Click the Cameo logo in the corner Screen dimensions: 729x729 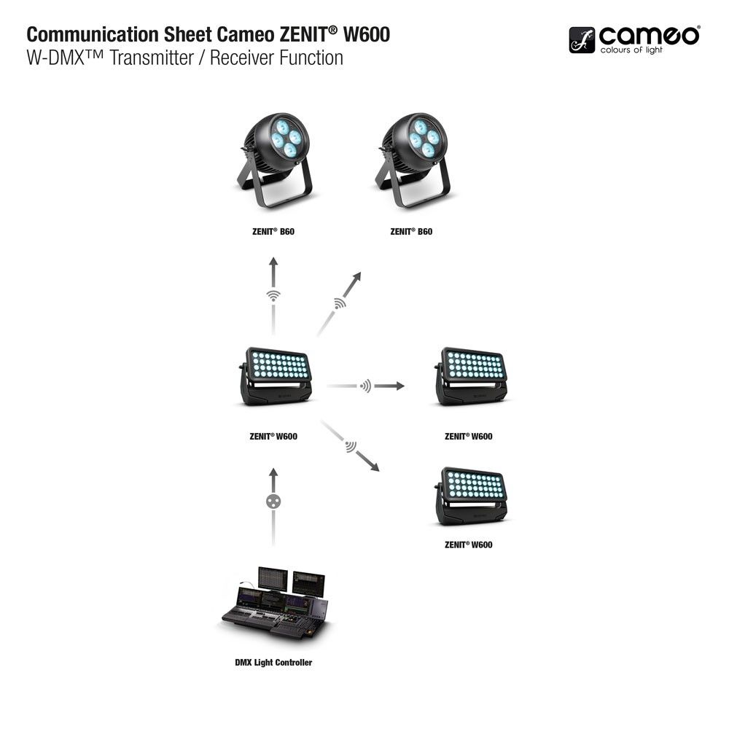click(x=634, y=40)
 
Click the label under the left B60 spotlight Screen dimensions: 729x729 click(x=273, y=232)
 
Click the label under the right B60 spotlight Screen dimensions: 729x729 click(x=411, y=232)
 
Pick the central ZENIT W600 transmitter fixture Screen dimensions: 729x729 click(x=276, y=376)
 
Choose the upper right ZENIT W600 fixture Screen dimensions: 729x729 click(x=472, y=376)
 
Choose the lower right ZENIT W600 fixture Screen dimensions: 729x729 click(x=472, y=496)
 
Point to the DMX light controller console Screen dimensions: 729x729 click(x=276, y=602)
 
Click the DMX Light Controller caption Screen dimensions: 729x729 click(x=273, y=663)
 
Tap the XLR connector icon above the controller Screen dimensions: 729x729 click(x=273, y=502)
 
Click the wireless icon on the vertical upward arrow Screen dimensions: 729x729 click(x=273, y=296)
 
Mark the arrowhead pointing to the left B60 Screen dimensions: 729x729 click(x=273, y=262)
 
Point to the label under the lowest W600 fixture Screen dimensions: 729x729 click(x=468, y=545)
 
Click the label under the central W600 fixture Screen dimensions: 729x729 click(x=273, y=437)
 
